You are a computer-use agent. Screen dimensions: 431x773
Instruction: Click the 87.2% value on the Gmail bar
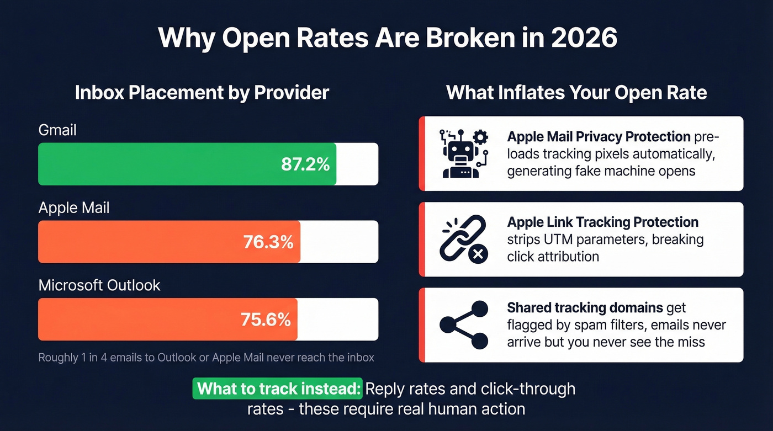click(305, 164)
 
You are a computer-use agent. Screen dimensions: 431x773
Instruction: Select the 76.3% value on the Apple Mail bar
click(268, 242)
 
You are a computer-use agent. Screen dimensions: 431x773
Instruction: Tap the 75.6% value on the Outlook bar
click(266, 320)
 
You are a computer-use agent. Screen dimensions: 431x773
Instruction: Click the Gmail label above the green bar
click(57, 130)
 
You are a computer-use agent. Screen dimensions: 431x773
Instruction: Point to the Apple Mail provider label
click(74, 208)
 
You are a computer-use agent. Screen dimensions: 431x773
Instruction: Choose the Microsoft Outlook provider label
click(99, 285)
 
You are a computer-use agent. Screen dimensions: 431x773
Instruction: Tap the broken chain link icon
click(463, 238)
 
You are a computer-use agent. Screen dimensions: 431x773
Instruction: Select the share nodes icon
click(464, 324)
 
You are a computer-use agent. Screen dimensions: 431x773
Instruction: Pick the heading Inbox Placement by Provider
click(202, 92)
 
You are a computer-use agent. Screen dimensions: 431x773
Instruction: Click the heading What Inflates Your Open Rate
click(576, 92)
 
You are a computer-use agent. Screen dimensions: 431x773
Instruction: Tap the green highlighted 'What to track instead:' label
click(277, 389)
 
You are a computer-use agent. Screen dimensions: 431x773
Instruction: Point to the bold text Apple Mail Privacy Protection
click(599, 136)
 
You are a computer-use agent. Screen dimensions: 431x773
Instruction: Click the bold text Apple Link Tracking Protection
click(602, 222)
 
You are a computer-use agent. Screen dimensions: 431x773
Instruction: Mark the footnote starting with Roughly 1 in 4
click(206, 358)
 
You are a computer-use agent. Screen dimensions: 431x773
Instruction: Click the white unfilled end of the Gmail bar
click(357, 164)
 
